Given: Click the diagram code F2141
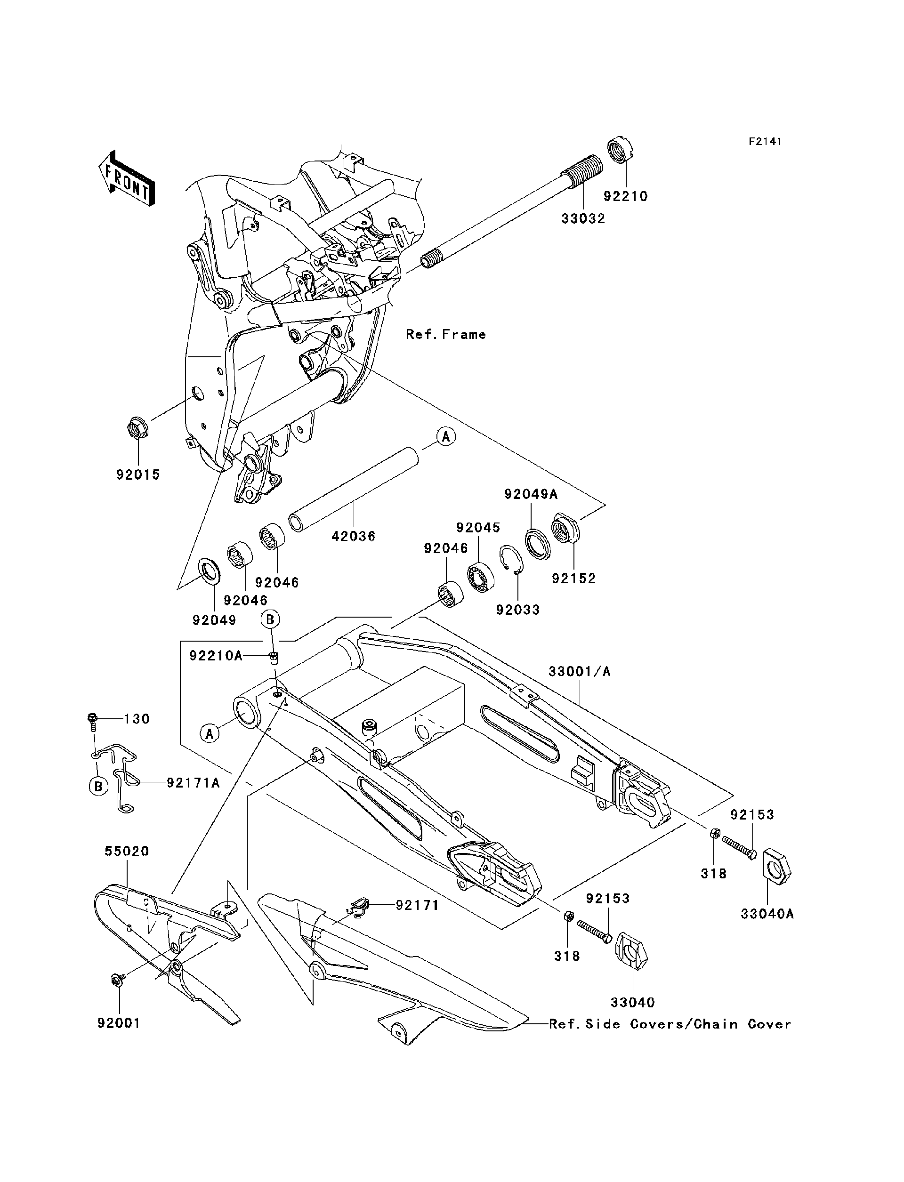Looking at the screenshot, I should pyautogui.click(x=765, y=142).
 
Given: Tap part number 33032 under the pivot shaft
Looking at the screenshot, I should pyautogui.click(x=583, y=218).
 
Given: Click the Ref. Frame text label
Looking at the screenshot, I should pyautogui.click(x=445, y=334).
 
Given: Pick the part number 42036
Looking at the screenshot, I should pyautogui.click(x=353, y=536).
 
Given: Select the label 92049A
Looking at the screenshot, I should pyautogui.click(x=531, y=494).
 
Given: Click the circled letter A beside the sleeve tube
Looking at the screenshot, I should pyautogui.click(x=445, y=436).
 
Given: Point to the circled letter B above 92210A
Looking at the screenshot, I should pyautogui.click(x=270, y=620).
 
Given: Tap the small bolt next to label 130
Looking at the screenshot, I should pyautogui.click(x=92, y=719).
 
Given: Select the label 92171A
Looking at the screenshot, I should pyautogui.click(x=193, y=783).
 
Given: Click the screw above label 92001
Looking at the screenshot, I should pyautogui.click(x=117, y=980).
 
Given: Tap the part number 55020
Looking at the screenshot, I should pyautogui.click(x=127, y=851).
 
